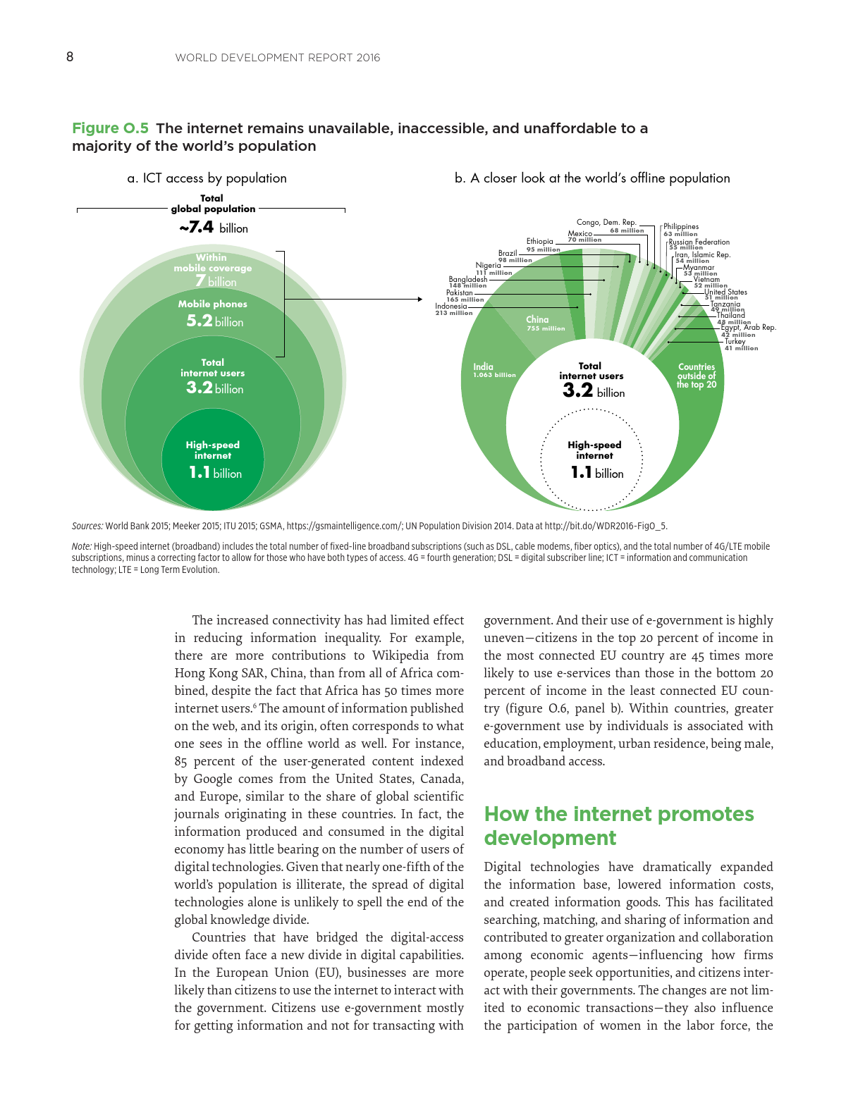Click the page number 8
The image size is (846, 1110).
(x=70, y=57)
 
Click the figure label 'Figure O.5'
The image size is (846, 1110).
(x=110, y=128)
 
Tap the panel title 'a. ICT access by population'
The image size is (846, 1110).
(x=207, y=178)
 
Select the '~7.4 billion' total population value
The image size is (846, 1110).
(x=213, y=228)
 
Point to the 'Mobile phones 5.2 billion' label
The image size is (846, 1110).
(x=212, y=314)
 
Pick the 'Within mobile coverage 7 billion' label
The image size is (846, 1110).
(x=212, y=270)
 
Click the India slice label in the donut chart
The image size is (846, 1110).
(x=493, y=370)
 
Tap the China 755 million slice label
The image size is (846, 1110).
(x=545, y=323)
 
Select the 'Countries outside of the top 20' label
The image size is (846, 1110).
(x=697, y=376)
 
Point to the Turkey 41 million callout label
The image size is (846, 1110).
(x=740, y=345)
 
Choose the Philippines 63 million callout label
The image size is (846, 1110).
(x=680, y=230)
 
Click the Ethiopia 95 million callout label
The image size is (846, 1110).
(x=542, y=245)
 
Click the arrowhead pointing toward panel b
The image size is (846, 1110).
(x=419, y=300)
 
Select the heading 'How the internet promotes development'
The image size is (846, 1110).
(x=618, y=826)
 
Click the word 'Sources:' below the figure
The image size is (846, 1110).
(x=87, y=526)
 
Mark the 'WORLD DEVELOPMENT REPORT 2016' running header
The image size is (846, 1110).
(x=277, y=58)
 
